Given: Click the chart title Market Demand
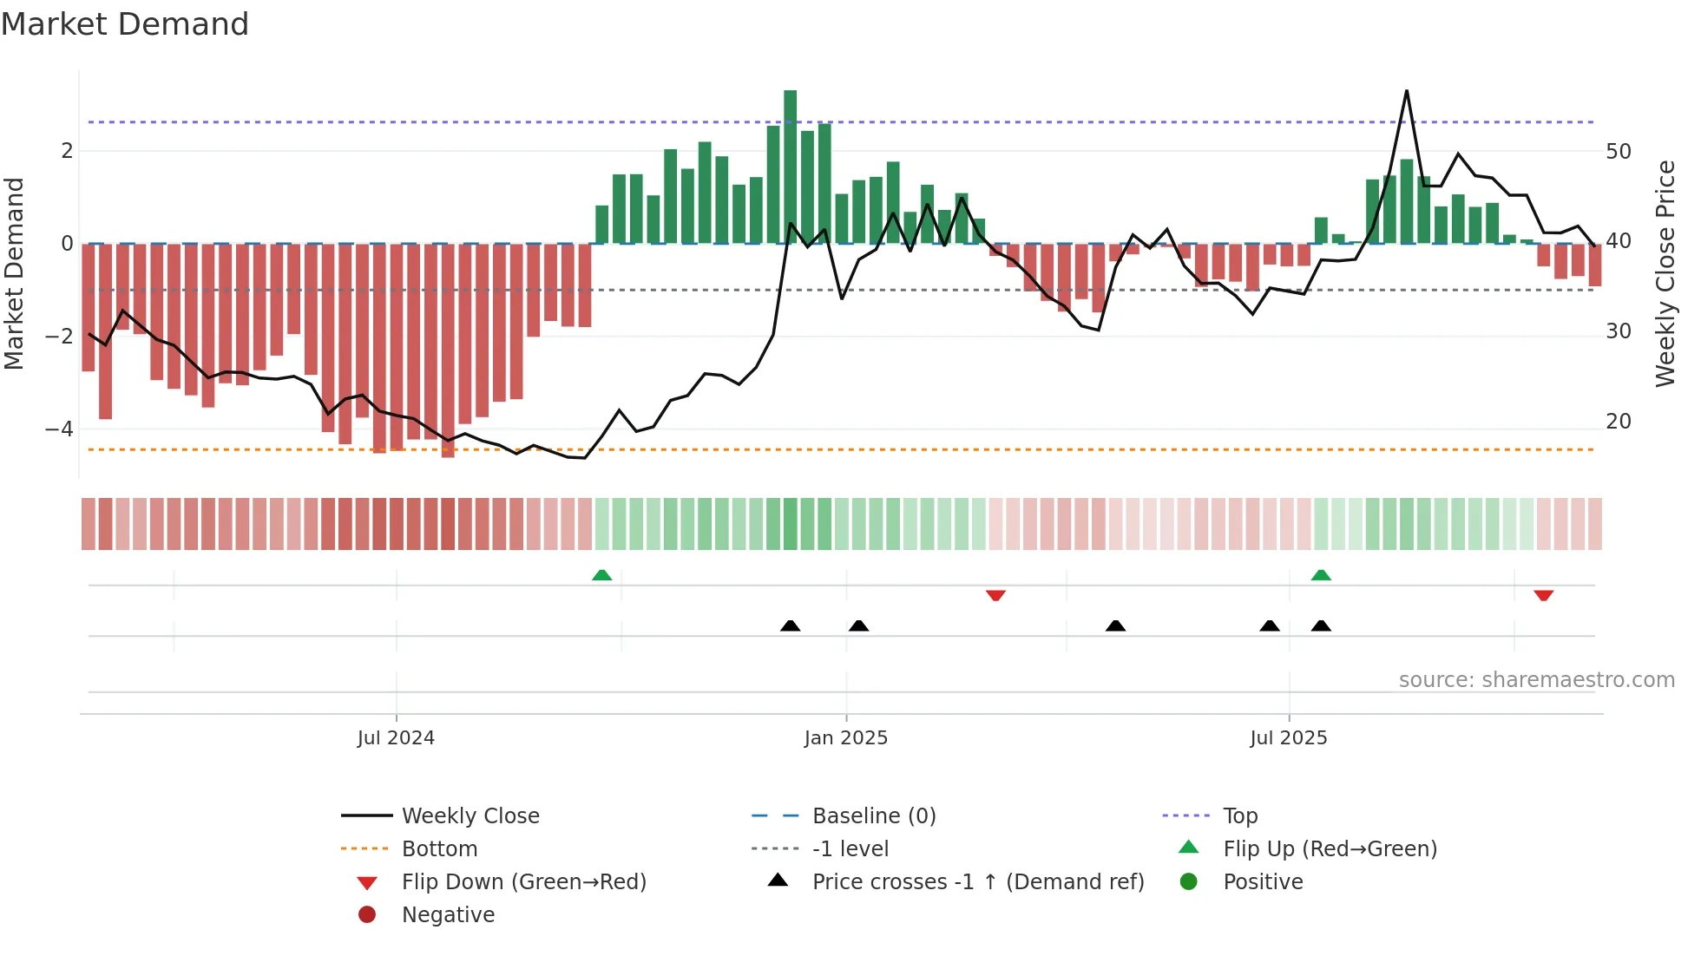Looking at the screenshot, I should point(125,24).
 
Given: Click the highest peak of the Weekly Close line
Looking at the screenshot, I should point(1406,91).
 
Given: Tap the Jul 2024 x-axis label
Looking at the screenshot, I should point(396,738).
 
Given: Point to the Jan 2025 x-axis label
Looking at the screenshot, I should point(846,738).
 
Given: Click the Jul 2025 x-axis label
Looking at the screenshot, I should point(1289,738).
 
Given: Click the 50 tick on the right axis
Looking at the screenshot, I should point(1619,152).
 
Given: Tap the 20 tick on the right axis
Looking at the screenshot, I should point(1619,422).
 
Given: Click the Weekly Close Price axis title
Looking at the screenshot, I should point(1665,273).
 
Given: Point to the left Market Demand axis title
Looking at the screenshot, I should point(14,273).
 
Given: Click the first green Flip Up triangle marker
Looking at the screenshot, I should point(601,575).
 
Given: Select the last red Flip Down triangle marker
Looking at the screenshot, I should point(1543,595).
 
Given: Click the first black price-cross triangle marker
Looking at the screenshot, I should point(790,625).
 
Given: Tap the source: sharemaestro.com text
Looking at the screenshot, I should point(1536,680).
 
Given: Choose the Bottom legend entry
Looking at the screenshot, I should point(439,848).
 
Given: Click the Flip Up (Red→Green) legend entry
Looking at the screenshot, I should point(1330,848).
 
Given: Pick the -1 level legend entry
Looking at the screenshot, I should point(850,848).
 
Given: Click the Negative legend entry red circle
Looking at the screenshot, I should point(367,914).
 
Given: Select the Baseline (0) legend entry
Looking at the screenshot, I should point(873,815).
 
